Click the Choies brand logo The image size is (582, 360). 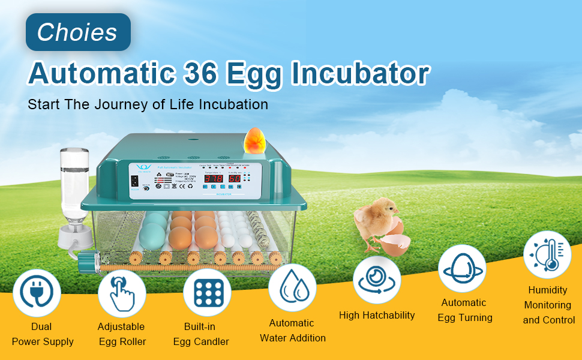(x=77, y=32)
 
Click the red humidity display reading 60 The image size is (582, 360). (x=235, y=179)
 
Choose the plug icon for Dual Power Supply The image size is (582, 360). (x=37, y=293)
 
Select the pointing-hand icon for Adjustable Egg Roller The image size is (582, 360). (x=122, y=293)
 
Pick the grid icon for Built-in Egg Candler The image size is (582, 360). (x=208, y=293)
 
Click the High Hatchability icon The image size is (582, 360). (x=377, y=280)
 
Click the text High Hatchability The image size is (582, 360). (x=377, y=316)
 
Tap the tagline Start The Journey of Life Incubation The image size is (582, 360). (x=148, y=104)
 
